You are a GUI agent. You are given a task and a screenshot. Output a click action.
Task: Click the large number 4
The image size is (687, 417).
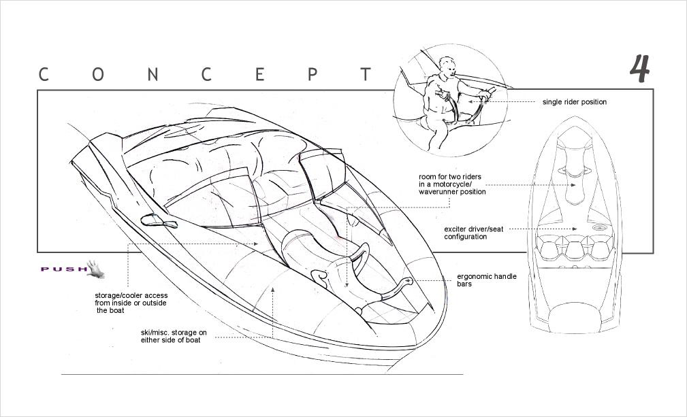tap(639, 69)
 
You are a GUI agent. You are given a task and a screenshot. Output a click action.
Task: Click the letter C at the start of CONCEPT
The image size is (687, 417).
tap(44, 74)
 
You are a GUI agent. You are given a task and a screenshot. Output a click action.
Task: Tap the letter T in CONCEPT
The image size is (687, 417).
tap(366, 74)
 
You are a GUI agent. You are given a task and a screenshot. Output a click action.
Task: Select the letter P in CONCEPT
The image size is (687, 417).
tap(312, 74)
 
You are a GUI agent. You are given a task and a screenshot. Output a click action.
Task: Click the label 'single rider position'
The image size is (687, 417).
tap(574, 102)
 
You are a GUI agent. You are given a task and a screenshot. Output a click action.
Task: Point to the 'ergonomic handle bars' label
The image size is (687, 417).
tap(486, 280)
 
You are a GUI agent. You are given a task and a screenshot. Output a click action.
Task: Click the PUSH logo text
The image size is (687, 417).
tap(63, 269)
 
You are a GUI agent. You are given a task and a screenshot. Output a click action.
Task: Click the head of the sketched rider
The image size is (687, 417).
tap(447, 68)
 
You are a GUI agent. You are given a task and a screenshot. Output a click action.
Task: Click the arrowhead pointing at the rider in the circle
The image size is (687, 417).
tap(488, 102)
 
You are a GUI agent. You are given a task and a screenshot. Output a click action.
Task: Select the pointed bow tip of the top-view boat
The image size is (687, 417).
tap(573, 120)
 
